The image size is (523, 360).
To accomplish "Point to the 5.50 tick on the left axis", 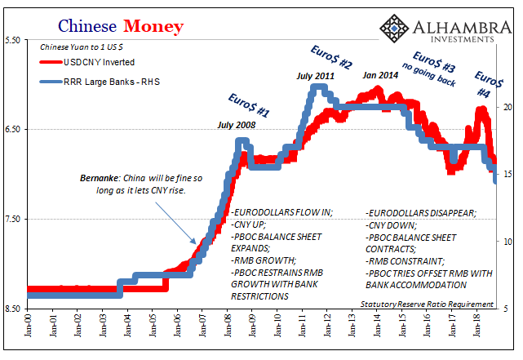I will pos(12,39).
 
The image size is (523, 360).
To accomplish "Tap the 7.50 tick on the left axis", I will pos(12,219).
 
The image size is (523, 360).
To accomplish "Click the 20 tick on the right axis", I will pos(507,107).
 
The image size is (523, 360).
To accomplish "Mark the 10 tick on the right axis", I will pos(507,242).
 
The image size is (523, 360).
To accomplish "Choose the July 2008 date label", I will pos(237,125).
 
